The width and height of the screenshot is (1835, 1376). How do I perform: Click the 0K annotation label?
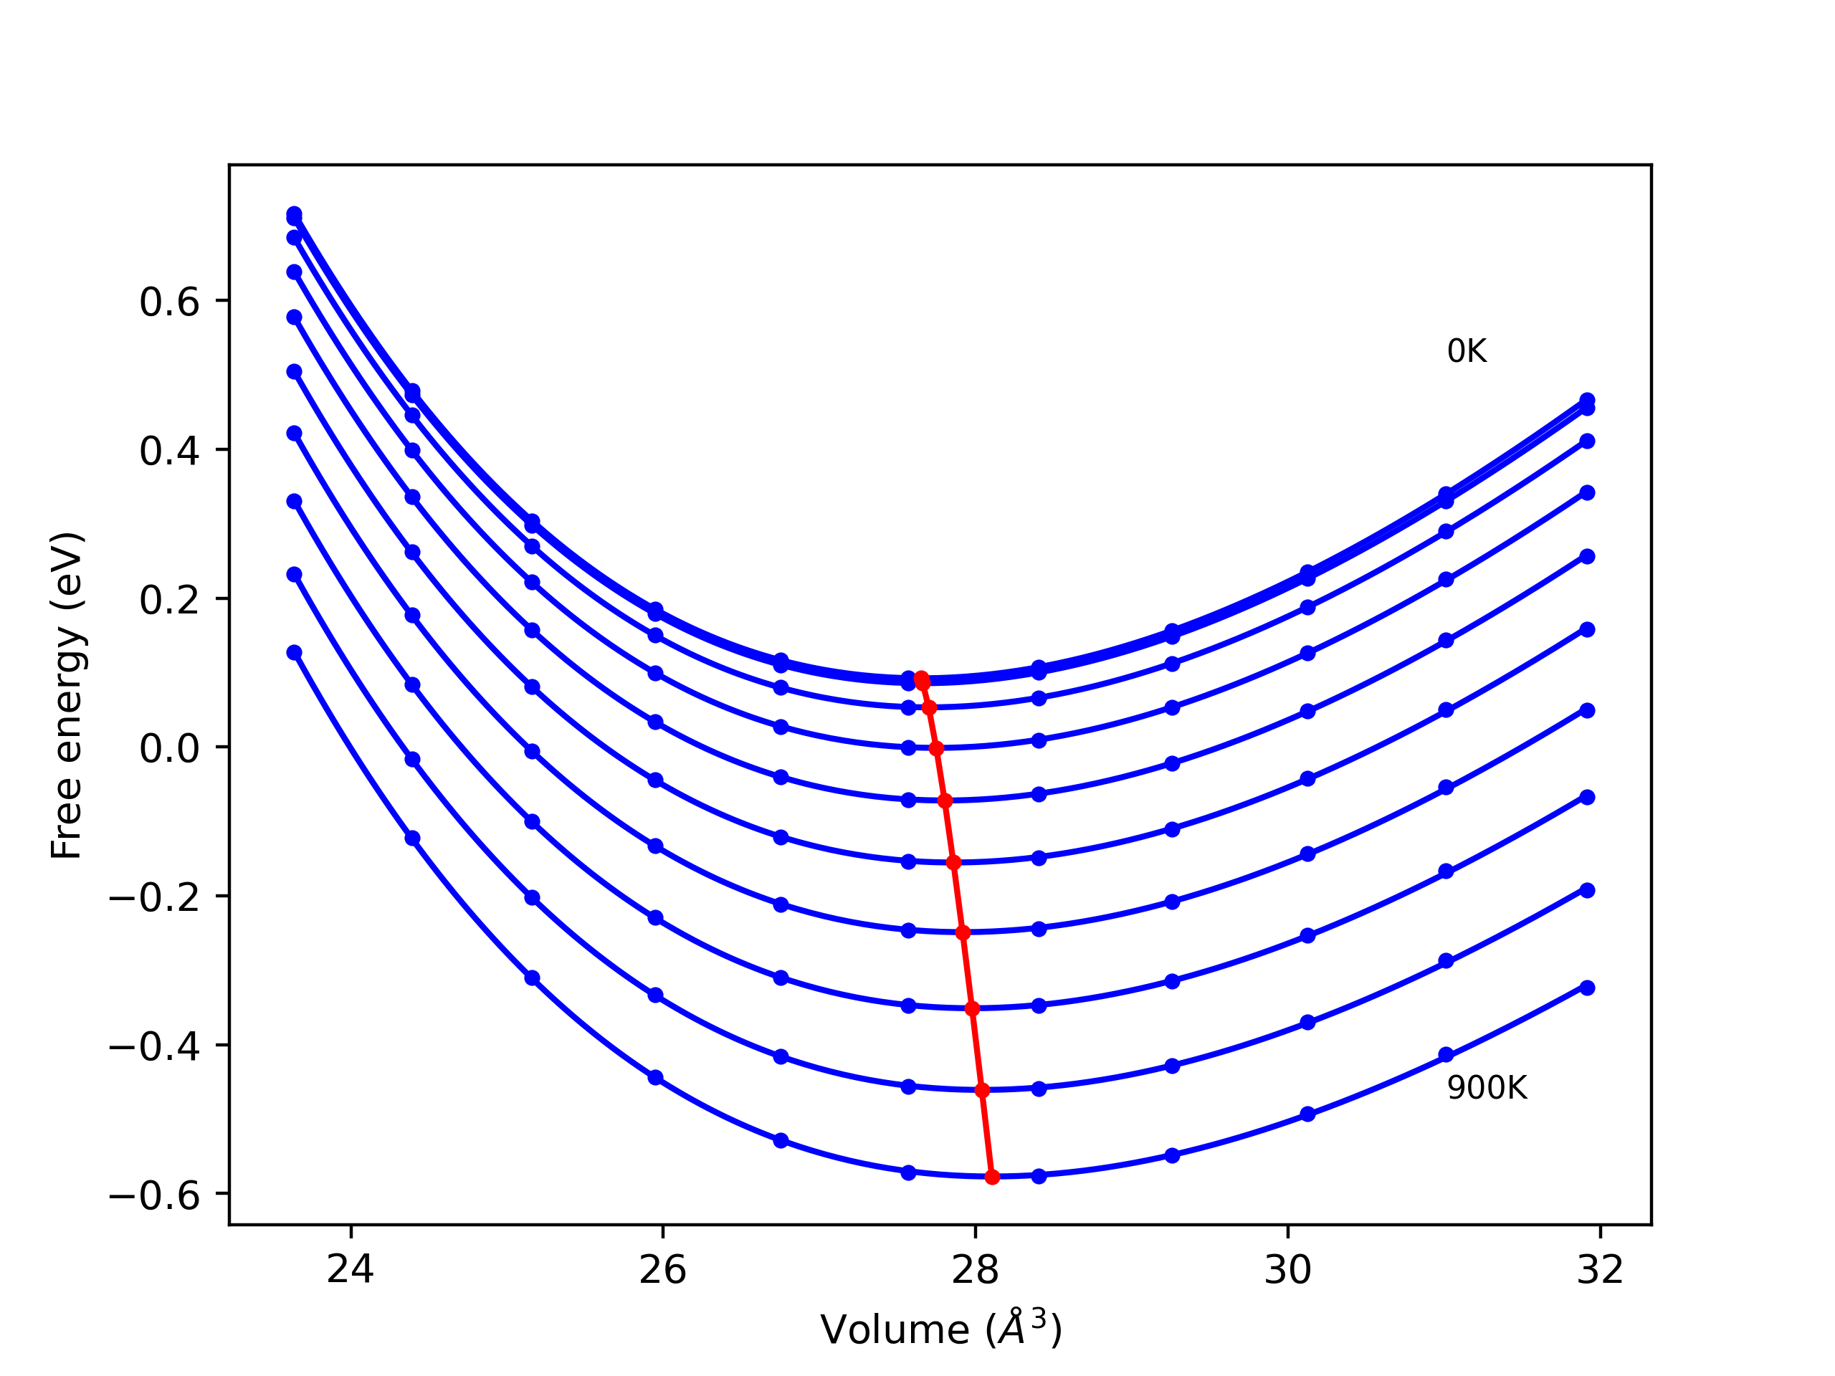1466,352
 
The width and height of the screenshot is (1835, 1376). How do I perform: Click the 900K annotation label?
1486,1088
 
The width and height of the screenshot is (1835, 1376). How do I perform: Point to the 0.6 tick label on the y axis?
169,302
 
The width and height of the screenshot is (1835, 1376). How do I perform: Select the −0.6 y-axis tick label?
154,1195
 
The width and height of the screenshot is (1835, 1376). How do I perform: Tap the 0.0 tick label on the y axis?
169,748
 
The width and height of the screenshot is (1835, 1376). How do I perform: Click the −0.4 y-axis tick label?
154,1047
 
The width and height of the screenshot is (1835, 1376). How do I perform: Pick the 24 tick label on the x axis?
350,1270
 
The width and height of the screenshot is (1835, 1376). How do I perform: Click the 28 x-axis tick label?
975,1270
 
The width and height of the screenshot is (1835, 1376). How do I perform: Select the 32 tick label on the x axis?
1599,1270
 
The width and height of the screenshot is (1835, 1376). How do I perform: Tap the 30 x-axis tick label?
1287,1270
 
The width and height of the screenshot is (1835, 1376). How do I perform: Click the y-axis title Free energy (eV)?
67,695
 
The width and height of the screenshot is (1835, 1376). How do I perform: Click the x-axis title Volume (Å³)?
940,1329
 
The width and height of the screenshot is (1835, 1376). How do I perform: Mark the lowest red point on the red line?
992,1177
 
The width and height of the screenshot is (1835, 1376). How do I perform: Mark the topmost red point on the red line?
921,679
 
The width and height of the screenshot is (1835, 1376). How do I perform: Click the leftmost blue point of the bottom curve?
295,653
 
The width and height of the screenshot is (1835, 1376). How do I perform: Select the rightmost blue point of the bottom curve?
1587,988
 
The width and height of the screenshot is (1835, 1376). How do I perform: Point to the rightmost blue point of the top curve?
1587,400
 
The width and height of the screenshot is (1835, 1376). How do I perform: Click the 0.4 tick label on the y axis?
169,451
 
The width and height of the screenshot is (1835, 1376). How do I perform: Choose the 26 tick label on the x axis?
662,1270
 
